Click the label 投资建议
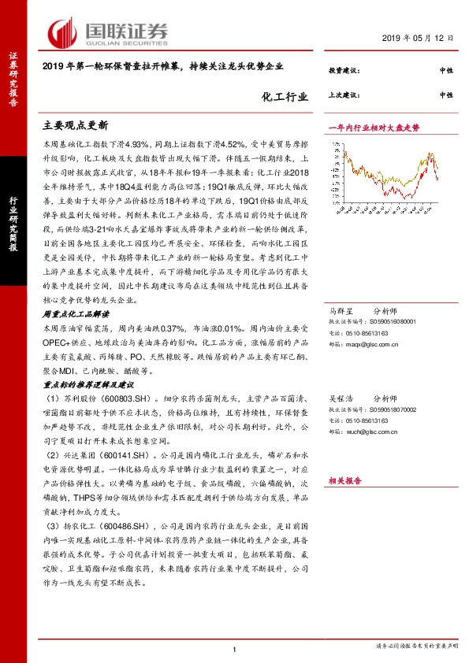pyautogui.click(x=343, y=71)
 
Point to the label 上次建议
pyautogui.click(x=343, y=95)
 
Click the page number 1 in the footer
pyautogui.click(x=235, y=648)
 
